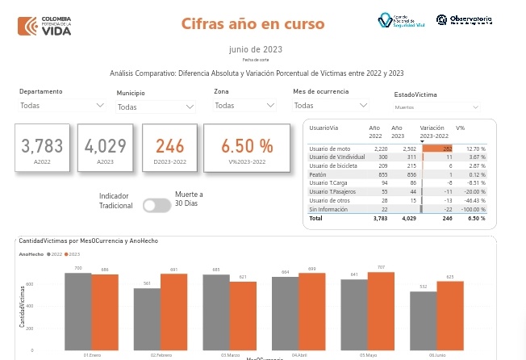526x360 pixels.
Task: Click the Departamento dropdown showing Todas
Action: pyautogui.click(x=62, y=105)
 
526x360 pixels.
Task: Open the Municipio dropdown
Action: pyautogui.click(x=156, y=107)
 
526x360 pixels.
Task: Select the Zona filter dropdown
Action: pyautogui.click(x=248, y=106)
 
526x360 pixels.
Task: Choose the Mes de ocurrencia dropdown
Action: pyautogui.click(x=331, y=106)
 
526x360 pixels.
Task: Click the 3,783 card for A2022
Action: pyautogui.click(x=42, y=148)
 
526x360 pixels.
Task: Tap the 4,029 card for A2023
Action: pyautogui.click(x=105, y=148)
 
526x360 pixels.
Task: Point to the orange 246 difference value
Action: pyautogui.click(x=170, y=146)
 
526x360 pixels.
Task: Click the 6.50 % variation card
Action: pyautogui.click(x=247, y=147)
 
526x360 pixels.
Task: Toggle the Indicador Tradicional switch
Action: pyautogui.click(x=157, y=205)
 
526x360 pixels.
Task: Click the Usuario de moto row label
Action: pyautogui.click(x=330, y=149)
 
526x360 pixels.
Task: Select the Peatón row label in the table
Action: pyautogui.click(x=317, y=174)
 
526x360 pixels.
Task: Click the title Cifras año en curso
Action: pyautogui.click(x=253, y=23)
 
